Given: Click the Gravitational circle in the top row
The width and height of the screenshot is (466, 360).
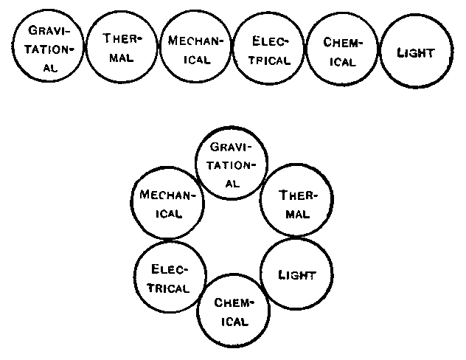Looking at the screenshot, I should click(48, 49).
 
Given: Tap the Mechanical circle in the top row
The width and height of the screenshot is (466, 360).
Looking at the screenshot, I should click(195, 49).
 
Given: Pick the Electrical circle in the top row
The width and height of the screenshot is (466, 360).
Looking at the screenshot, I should click(268, 49).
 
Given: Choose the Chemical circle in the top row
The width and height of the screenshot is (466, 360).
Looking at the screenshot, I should click(341, 49).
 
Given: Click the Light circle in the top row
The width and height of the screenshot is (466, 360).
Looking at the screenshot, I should click(414, 52).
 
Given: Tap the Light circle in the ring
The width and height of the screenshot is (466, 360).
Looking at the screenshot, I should click(296, 276).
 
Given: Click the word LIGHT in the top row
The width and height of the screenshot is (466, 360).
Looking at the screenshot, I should click(414, 52).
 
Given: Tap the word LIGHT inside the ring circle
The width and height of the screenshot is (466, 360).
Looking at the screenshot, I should click(297, 276).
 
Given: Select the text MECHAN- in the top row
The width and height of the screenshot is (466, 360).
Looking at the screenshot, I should click(195, 41).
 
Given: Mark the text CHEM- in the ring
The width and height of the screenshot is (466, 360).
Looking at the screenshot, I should click(234, 303).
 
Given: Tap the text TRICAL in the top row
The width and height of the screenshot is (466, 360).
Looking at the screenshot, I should click(269, 60).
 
